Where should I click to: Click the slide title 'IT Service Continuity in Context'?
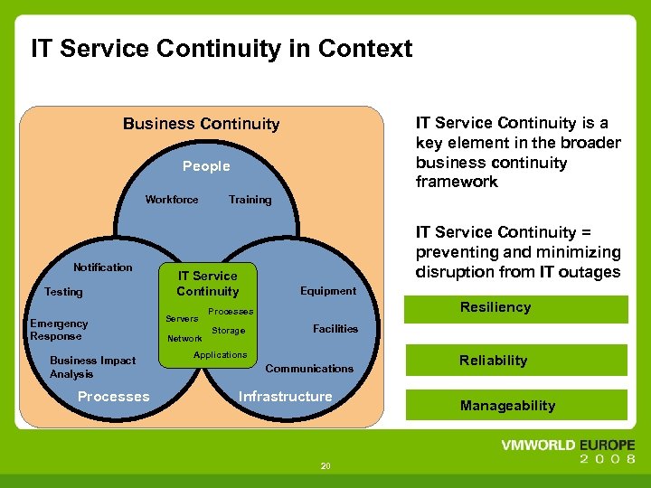222,48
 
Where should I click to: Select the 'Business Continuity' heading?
201,124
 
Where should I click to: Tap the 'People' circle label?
206,166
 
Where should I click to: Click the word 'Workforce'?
172,200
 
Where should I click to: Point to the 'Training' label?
250,200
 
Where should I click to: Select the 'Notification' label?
102,267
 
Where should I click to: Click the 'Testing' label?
63,292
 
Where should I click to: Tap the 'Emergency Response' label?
59,330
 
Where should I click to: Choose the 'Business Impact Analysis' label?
92,367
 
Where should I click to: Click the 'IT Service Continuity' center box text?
208,284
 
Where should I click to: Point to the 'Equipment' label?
328,291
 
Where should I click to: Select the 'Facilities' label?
335,329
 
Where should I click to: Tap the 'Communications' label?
309,369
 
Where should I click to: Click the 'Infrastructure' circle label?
285,397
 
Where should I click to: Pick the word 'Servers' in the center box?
182,318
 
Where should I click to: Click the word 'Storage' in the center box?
229,331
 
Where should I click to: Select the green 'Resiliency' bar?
516,308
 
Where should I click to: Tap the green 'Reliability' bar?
516,361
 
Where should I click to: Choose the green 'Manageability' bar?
516,406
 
